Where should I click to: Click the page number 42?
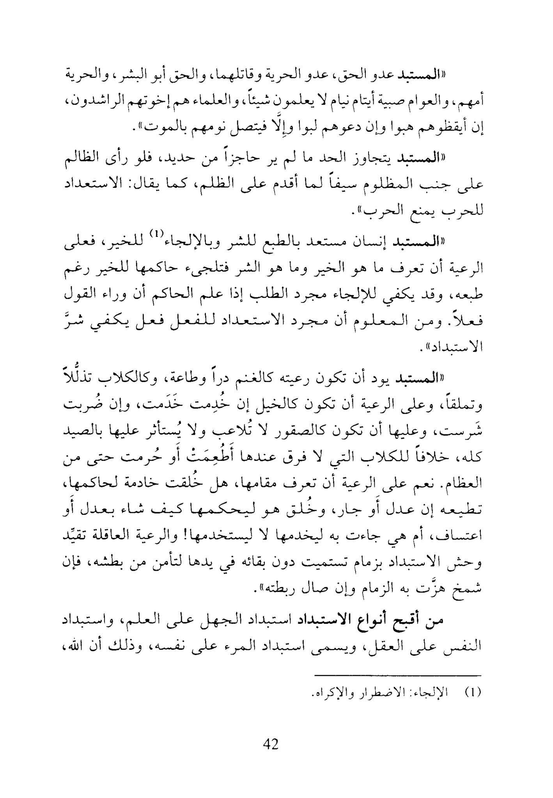[x=271, y=744]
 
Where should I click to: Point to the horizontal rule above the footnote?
[x=398, y=675]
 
